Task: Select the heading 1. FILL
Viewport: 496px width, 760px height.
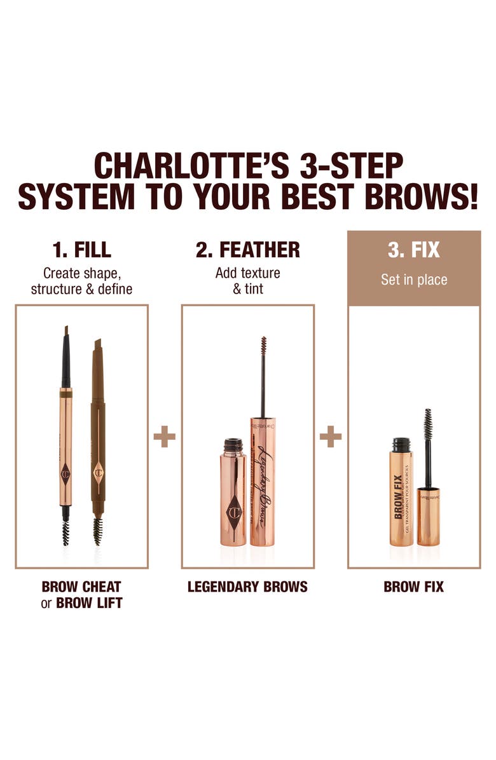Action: [82, 250]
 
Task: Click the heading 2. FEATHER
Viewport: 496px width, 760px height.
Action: [247, 250]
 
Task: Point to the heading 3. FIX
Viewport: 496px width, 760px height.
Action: [414, 250]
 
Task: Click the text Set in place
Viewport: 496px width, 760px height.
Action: [414, 280]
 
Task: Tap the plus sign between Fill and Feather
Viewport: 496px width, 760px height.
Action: [165, 437]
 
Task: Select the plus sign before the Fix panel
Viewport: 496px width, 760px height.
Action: [331, 437]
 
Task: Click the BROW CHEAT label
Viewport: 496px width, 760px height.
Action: [81, 587]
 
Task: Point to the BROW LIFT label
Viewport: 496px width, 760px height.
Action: [89, 602]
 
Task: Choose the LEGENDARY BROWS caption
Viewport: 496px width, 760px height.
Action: [247, 587]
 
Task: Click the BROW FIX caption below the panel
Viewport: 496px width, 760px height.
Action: [414, 587]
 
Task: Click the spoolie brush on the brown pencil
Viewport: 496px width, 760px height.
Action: [97, 530]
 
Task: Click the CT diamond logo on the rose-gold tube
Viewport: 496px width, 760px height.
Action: [233, 512]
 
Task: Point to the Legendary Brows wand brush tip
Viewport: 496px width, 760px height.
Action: [263, 348]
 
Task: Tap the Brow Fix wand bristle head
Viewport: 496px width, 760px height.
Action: [428, 425]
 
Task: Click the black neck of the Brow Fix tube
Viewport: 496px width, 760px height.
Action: [400, 445]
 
